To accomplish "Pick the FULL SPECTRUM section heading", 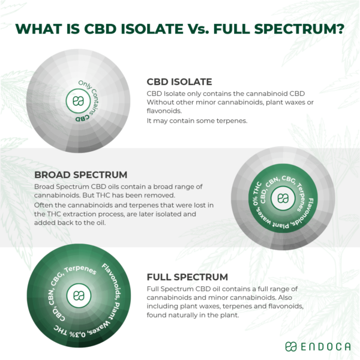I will click(187, 277).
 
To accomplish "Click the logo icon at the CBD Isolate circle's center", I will click(77, 101).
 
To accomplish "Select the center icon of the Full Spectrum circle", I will click(77, 295).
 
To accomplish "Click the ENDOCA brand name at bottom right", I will click(322, 346).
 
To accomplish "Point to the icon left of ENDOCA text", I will click(290, 346).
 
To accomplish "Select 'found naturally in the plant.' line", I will click(191, 314).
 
